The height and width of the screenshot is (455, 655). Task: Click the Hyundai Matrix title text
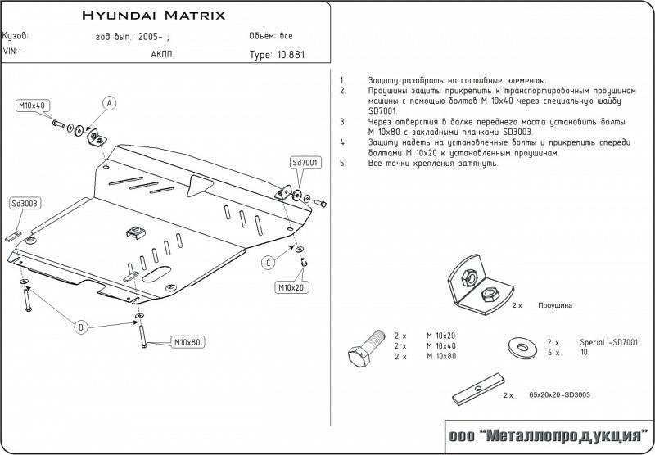click(154, 16)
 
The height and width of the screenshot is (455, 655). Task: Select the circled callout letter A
click(109, 102)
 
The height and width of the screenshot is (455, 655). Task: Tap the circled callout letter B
click(80, 327)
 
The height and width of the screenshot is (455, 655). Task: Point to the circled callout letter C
click(267, 262)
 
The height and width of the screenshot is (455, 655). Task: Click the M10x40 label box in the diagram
click(34, 106)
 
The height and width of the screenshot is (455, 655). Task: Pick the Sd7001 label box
click(305, 163)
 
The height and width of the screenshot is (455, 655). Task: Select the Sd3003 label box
click(25, 204)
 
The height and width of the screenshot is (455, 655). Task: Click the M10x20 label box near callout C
click(290, 287)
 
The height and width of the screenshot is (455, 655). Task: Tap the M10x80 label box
click(187, 341)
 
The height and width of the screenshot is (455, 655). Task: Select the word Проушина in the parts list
click(555, 304)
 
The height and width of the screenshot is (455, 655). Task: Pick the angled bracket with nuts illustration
click(477, 286)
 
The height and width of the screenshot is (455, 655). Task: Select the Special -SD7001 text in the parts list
click(608, 342)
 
